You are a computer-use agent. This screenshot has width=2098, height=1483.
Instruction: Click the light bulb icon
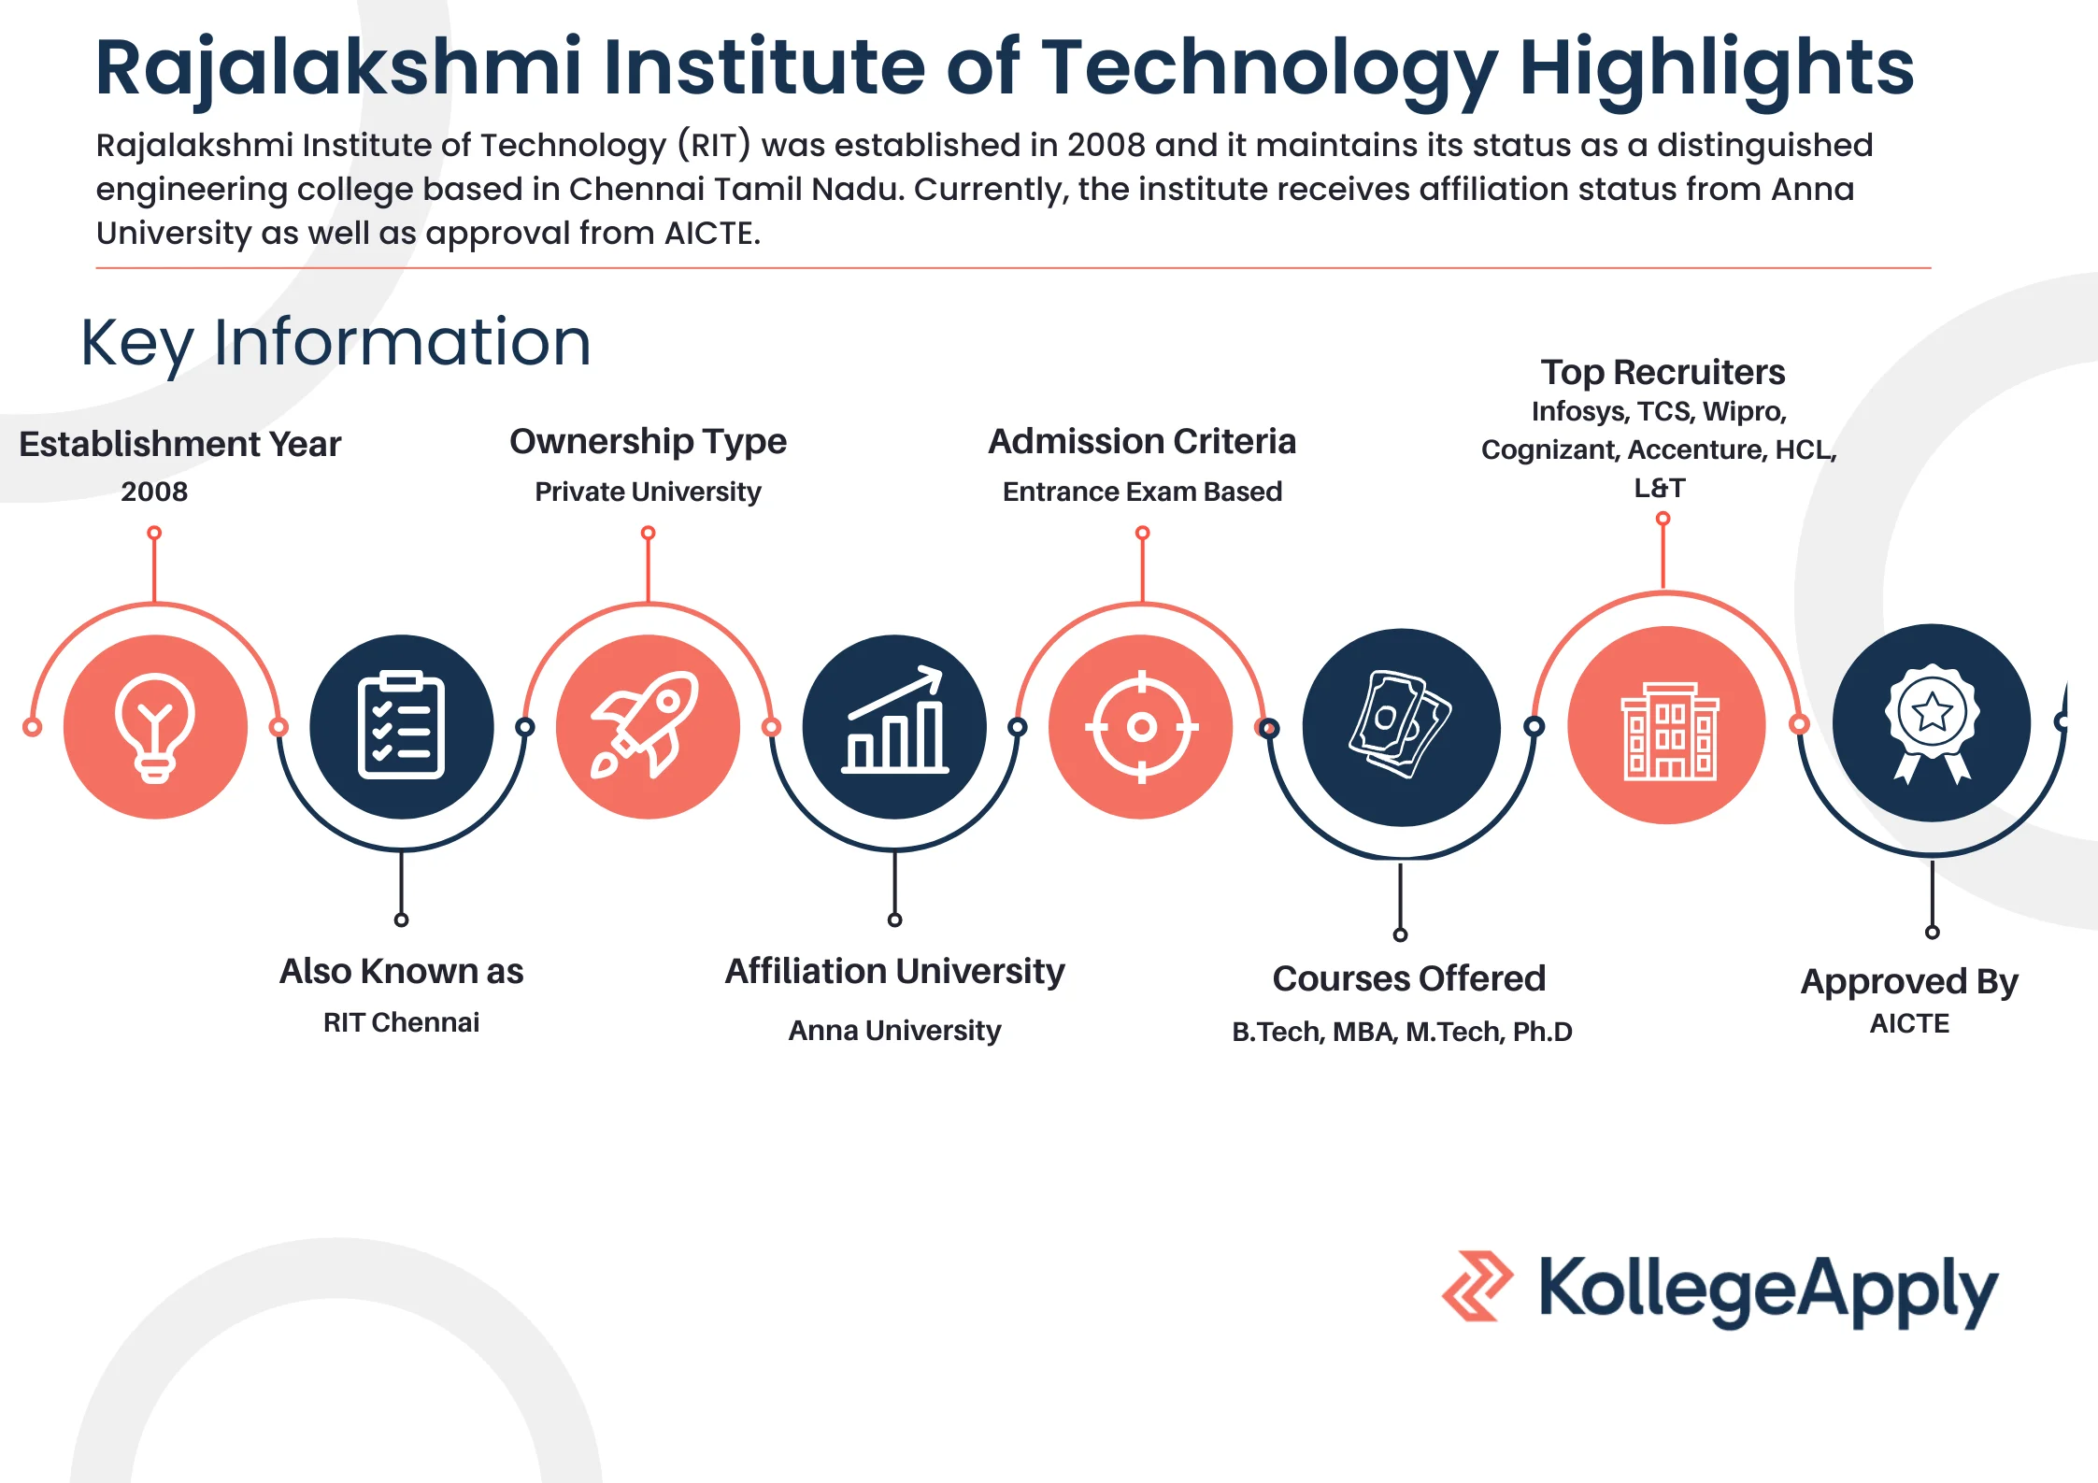[x=155, y=727]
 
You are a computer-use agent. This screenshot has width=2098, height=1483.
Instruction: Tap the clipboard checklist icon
[x=401, y=725]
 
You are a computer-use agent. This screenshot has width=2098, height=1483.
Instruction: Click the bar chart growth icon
[x=894, y=720]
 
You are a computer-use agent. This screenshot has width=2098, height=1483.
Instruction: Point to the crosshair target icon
[x=1141, y=727]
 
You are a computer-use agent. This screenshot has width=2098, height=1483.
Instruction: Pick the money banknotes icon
[x=1400, y=724]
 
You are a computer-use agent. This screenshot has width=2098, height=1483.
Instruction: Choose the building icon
[x=1669, y=731]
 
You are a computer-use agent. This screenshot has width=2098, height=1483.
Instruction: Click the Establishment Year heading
[x=179, y=444]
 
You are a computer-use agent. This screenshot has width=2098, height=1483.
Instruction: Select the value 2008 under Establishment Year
[x=154, y=492]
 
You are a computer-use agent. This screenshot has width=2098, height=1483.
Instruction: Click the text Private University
[x=648, y=492]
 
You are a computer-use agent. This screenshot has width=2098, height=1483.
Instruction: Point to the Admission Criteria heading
[x=1142, y=441]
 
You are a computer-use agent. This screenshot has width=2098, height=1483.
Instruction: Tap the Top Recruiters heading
[x=1663, y=372]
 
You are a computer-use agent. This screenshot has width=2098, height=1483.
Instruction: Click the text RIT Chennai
[x=401, y=1022]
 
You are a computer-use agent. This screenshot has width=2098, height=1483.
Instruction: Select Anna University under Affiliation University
[x=894, y=1030]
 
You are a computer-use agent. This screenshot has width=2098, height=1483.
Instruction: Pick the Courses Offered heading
[x=1408, y=978]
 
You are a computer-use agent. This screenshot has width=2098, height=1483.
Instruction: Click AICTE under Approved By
[x=1909, y=1024]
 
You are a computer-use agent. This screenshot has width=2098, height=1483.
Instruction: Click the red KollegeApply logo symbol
[x=1477, y=1286]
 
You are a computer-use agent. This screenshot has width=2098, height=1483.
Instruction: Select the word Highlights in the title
[x=1717, y=70]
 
